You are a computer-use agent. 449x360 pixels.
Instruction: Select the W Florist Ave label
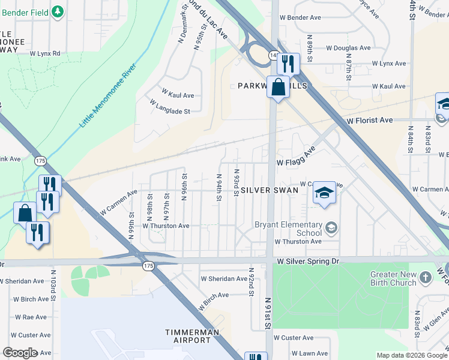pos(370,121)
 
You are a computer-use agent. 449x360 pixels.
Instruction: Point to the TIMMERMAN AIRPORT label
pos(188,336)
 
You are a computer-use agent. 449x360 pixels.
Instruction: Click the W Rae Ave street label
pos(32,317)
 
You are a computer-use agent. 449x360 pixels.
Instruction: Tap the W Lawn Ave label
pos(310,353)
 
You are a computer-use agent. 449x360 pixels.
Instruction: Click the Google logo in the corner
pos(20,353)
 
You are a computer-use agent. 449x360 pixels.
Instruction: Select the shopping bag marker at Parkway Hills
pos(279,87)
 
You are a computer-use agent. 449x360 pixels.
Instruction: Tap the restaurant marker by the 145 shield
pos(288,63)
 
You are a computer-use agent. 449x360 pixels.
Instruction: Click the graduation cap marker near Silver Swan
pos(324,193)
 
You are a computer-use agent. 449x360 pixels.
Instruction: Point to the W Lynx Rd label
pos(48,53)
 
